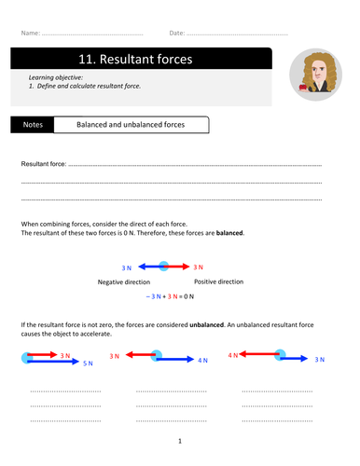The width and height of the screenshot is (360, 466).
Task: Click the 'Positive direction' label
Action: click(218, 281)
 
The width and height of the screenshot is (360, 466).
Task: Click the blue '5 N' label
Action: click(88, 363)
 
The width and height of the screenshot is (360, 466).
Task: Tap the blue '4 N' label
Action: click(202, 360)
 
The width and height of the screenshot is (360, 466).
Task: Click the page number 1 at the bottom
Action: click(180, 441)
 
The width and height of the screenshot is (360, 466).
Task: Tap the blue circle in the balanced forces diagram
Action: click(164, 267)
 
